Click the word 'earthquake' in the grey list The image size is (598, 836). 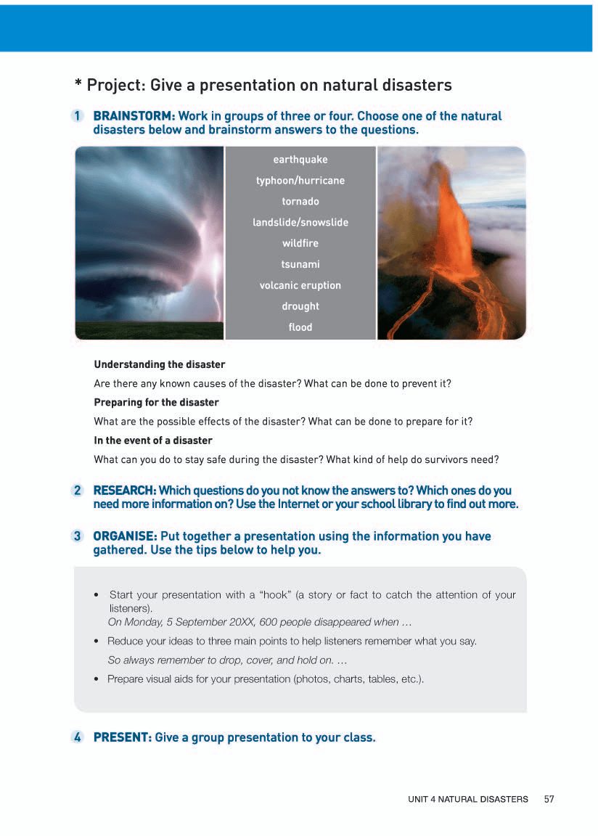[x=300, y=160]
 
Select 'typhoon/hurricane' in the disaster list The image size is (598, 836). [x=300, y=181]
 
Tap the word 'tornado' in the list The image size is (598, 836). [x=300, y=202]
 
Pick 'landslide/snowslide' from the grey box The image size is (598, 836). [x=300, y=223]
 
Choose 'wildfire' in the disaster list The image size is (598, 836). [x=300, y=244]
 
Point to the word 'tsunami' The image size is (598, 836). [x=300, y=265]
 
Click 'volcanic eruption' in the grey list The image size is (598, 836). [x=300, y=286]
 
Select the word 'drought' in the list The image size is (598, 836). [x=300, y=307]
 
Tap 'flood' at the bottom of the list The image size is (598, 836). [x=300, y=328]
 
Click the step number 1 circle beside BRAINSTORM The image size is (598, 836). [x=78, y=116]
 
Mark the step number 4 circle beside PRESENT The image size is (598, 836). [x=78, y=737]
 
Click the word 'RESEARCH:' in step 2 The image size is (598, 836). [x=124, y=491]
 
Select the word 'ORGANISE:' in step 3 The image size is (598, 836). [x=125, y=536]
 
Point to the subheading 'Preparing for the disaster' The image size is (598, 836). [x=156, y=402]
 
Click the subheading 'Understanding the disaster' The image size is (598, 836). [x=160, y=364]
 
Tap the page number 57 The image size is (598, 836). [x=549, y=799]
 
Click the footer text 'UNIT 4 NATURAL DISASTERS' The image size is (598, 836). [x=468, y=799]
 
